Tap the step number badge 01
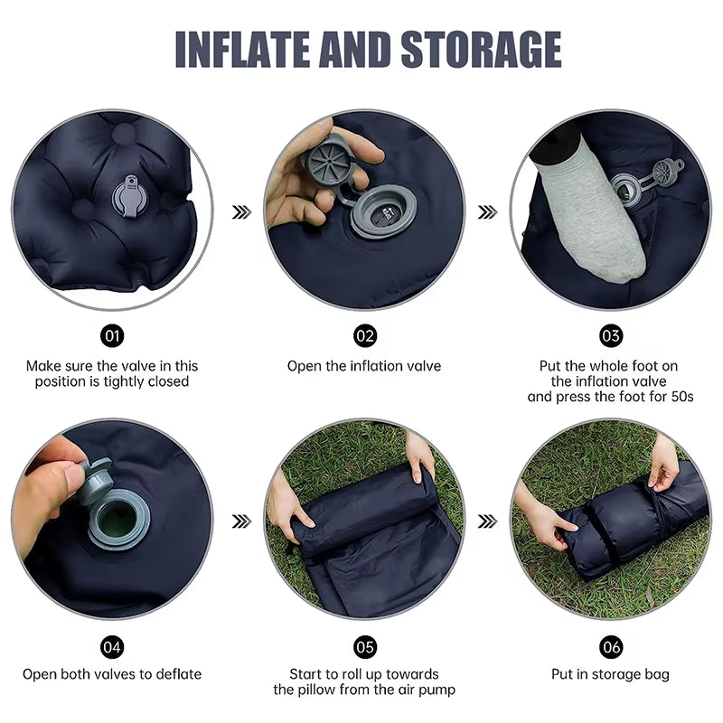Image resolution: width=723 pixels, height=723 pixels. [x=113, y=336]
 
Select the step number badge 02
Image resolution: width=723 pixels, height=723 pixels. [x=364, y=336]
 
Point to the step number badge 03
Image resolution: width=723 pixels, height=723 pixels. [x=612, y=336]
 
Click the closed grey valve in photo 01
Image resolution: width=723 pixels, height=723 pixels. [x=127, y=193]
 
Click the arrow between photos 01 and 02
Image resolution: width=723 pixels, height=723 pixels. [x=241, y=212]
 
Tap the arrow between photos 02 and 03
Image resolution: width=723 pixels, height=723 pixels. [x=488, y=212]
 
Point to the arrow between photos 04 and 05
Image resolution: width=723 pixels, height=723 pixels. [x=241, y=521]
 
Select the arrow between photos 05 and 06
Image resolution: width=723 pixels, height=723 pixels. [x=488, y=521]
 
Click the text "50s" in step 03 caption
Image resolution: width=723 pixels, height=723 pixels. [x=679, y=396]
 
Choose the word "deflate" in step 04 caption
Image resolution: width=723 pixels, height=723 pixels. [x=177, y=674]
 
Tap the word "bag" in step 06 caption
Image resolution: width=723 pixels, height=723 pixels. [x=656, y=674]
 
